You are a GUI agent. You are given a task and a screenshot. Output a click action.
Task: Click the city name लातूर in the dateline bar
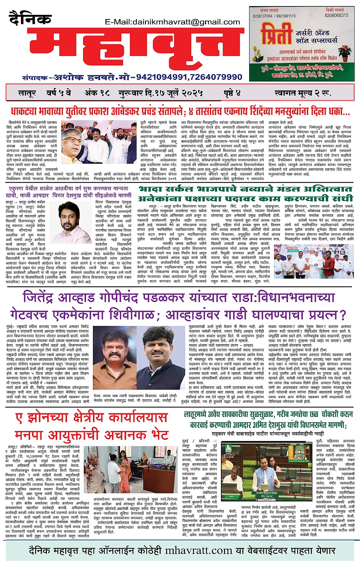27,93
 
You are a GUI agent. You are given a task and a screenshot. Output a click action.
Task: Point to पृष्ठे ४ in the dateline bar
232,93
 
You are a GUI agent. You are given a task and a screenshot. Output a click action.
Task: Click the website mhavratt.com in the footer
198,550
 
